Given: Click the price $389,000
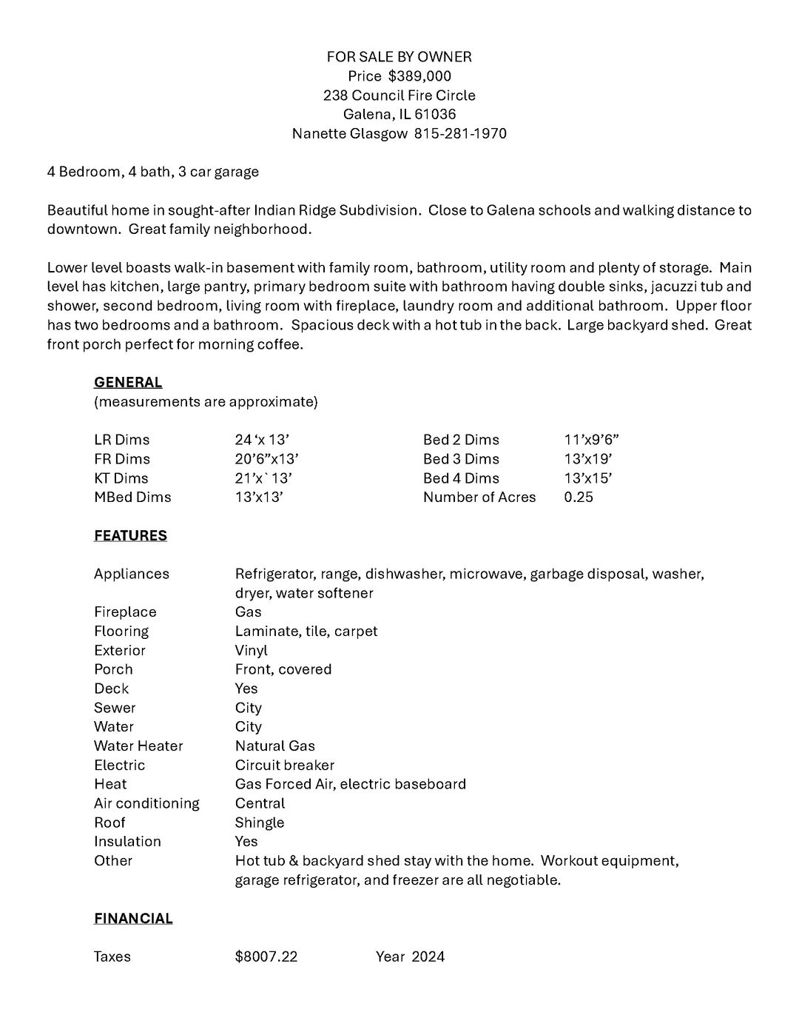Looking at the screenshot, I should click(x=419, y=76).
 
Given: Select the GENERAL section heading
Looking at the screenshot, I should click(x=128, y=383).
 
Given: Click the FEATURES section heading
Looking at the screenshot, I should click(x=130, y=536).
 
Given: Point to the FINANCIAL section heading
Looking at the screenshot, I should click(x=133, y=919).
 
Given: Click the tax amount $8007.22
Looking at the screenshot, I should click(x=266, y=957).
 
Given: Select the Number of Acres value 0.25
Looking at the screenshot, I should click(x=579, y=498).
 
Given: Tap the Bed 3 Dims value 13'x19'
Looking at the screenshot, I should click(x=588, y=459).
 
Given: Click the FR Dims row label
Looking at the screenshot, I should click(x=122, y=459).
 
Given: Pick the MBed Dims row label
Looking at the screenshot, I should click(x=132, y=498).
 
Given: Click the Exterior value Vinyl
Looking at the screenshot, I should click(x=252, y=651).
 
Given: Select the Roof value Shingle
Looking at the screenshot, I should click(x=260, y=823).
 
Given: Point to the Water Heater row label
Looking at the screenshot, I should click(x=138, y=746).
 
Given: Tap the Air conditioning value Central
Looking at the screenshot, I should click(x=260, y=803).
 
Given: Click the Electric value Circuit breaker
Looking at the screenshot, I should click(x=285, y=766).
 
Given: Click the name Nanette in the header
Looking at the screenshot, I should click(x=319, y=134).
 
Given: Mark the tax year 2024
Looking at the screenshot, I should click(x=428, y=957).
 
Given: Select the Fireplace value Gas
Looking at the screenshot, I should click(x=249, y=612).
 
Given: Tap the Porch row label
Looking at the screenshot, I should click(x=113, y=669).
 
